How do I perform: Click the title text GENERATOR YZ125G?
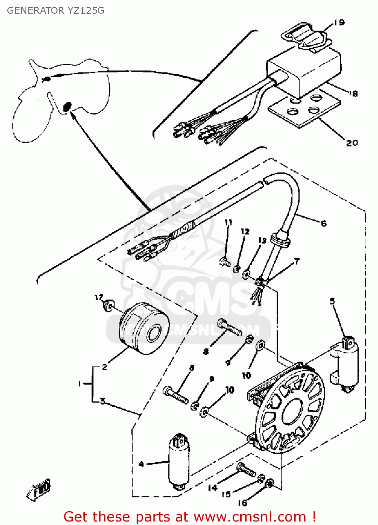[x=55, y=10]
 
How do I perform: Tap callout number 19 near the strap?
[x=339, y=23]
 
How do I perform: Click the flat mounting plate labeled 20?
[x=304, y=108]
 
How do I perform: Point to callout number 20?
[x=352, y=143]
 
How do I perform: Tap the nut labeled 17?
[x=109, y=305]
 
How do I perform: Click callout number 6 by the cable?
[x=324, y=223]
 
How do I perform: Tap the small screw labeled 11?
[x=225, y=261]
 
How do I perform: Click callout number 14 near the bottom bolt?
[x=213, y=488]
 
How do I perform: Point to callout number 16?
[x=242, y=503]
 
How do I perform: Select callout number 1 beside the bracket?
[x=80, y=384]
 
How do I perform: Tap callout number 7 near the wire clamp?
[x=297, y=261]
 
